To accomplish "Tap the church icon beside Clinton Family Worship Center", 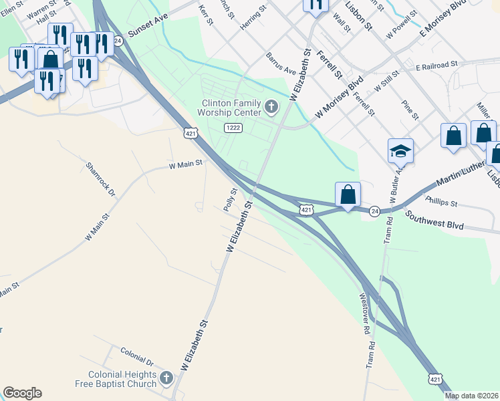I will click(x=271, y=106).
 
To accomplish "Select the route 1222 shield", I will click(x=233, y=128).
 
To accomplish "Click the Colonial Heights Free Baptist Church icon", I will click(x=166, y=379).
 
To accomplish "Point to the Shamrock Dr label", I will click(x=101, y=179).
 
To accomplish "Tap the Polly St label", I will click(x=231, y=200).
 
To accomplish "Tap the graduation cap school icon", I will click(x=400, y=151).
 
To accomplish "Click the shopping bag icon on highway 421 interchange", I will click(x=348, y=195).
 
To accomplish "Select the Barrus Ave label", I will click(x=281, y=63).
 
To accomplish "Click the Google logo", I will click(x=22, y=393).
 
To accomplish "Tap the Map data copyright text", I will click(x=471, y=396).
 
